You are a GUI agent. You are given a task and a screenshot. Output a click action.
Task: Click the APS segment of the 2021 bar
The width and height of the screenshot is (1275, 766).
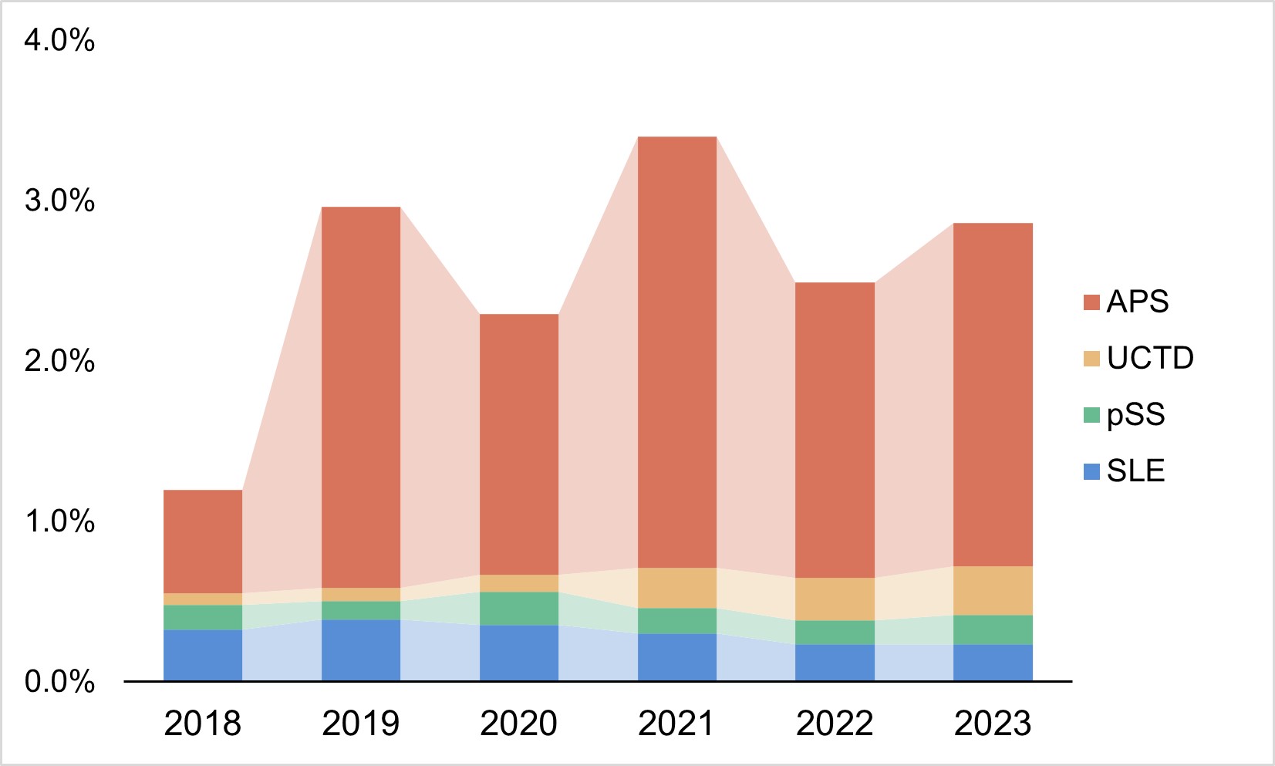coord(676,352)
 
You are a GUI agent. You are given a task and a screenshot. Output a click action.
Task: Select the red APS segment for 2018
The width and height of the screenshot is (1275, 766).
coord(203,541)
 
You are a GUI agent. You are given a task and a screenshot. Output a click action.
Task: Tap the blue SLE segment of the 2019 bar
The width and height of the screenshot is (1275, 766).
coord(360,650)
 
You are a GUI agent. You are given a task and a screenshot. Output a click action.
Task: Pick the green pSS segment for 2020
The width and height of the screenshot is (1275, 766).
coord(518,608)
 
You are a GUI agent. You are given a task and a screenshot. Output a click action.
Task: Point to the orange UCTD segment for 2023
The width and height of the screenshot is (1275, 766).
coord(993,590)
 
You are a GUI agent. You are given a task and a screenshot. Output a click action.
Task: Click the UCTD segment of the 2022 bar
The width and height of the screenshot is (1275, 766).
coord(835,599)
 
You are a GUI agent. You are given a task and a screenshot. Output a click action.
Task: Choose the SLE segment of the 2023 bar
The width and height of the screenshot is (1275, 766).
coord(993,662)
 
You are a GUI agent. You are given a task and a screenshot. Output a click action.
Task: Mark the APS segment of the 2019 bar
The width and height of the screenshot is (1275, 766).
coord(360,396)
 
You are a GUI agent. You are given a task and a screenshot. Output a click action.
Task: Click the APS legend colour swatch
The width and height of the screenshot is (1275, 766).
coord(1091,302)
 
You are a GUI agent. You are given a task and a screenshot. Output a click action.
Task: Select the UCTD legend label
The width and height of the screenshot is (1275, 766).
coord(1150,358)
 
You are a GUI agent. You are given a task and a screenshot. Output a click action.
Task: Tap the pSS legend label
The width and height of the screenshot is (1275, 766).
coord(1135,414)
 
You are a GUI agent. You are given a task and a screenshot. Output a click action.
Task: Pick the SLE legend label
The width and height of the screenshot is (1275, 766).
coord(1135,471)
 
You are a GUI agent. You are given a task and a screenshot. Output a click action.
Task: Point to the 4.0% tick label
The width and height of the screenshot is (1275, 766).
coord(59,40)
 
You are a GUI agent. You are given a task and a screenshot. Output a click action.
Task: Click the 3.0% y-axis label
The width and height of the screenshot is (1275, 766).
coord(59,201)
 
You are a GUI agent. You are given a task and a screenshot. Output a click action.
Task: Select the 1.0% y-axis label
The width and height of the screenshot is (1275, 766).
coord(59,521)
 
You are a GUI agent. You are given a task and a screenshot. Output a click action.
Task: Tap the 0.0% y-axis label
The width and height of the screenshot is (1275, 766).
coord(59,682)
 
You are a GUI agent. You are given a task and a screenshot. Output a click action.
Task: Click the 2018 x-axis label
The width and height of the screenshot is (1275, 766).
coord(203,724)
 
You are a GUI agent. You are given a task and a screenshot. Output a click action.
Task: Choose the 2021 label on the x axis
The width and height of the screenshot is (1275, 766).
coord(676,724)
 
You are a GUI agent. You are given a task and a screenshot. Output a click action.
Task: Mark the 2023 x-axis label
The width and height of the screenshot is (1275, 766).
coord(993,724)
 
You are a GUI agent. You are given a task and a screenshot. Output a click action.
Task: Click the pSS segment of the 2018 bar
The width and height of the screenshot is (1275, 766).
coord(203,617)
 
